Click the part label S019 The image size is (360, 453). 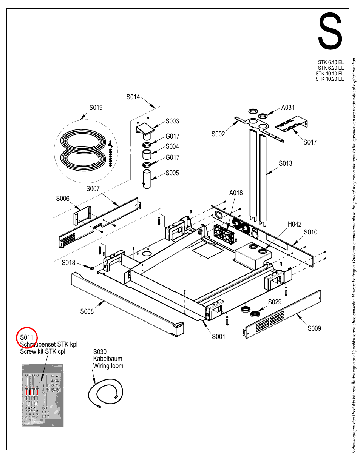[x=96, y=108]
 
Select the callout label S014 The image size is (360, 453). [x=133, y=97]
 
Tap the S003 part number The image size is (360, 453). [x=172, y=121]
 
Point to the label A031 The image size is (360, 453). [x=288, y=108]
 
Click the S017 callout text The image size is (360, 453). [x=310, y=142]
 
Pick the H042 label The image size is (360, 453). [x=295, y=224]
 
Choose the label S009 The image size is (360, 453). [x=314, y=328]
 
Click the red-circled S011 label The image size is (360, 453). [x=27, y=337]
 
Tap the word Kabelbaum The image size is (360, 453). [x=108, y=359]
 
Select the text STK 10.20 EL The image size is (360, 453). [x=329, y=79]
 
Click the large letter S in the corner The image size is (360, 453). [x=330, y=31]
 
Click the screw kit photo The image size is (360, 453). [x=42, y=395]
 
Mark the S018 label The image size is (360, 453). [x=68, y=263]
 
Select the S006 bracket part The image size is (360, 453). [x=82, y=216]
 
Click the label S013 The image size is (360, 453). [x=286, y=163]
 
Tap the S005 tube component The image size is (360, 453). [x=147, y=179]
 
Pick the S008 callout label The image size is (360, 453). [x=87, y=311]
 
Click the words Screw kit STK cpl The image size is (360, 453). [x=43, y=351]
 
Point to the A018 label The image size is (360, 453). [x=236, y=193]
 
